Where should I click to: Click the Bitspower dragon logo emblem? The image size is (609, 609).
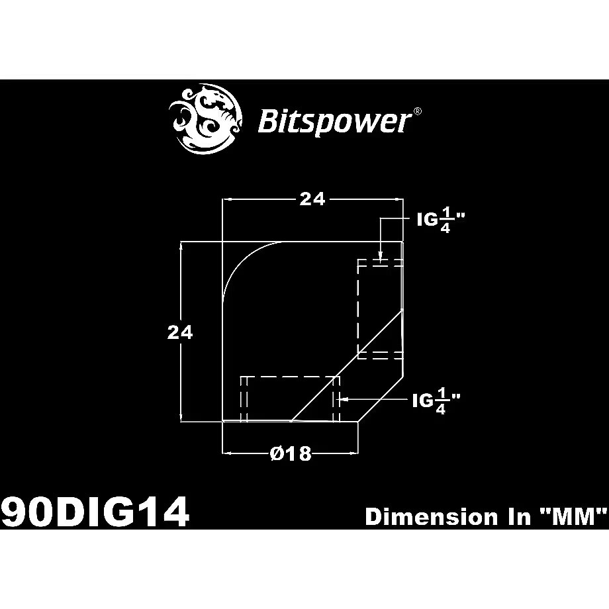(207, 118)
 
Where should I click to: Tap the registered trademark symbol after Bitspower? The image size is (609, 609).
(417, 111)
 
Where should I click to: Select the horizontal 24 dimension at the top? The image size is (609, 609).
(312, 200)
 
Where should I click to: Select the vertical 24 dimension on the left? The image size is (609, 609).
(180, 332)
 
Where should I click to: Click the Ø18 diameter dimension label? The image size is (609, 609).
(291, 453)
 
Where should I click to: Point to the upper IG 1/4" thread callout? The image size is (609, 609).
(440, 220)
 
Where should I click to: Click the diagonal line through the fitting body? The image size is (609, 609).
(347, 365)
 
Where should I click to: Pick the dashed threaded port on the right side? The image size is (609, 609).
(379, 309)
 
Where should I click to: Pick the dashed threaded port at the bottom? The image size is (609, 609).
(290, 398)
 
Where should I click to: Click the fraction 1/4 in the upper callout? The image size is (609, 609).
(445, 220)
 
